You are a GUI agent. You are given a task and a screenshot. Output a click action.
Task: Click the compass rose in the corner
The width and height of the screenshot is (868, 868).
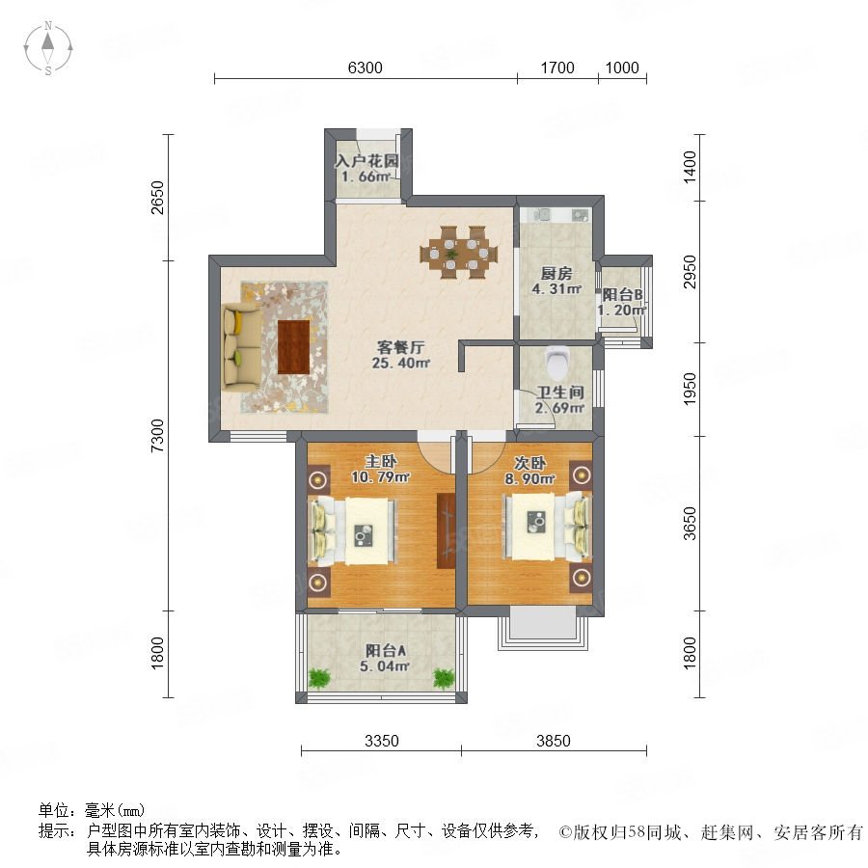pos(48,48)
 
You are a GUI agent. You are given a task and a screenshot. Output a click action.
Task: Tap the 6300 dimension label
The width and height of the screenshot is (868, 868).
pos(365,68)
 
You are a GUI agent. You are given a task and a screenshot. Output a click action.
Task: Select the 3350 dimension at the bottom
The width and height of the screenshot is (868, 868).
pos(381,741)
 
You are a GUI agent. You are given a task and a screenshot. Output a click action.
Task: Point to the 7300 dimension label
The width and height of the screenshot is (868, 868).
pos(158,436)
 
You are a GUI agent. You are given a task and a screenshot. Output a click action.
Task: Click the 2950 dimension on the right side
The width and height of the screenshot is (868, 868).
pos(690,271)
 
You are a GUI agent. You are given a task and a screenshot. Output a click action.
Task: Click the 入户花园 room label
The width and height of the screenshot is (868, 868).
pos(367,161)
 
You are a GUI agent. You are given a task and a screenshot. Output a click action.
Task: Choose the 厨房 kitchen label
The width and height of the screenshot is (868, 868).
pos(556,273)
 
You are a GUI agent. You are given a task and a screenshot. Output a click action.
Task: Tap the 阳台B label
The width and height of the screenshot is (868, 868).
pos(622,294)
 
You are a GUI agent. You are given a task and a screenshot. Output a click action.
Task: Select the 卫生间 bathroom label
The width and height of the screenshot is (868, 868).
pos(560,393)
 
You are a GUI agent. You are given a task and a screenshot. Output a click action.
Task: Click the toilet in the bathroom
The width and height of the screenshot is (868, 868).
pos(556,361)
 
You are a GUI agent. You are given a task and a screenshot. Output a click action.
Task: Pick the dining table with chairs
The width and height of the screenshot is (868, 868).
pos(458,252)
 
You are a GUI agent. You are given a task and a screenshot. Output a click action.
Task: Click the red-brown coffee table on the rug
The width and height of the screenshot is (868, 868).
pos(293,347)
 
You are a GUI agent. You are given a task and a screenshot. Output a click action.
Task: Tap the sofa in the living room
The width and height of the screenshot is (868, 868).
pos(242,347)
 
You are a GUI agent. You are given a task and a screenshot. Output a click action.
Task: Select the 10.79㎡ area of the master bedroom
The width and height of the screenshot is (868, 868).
pos(381,476)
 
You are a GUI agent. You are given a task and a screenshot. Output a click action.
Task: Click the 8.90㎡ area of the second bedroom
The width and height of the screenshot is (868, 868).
pos(529,478)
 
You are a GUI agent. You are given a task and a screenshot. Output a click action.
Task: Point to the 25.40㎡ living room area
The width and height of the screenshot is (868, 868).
pos(401,364)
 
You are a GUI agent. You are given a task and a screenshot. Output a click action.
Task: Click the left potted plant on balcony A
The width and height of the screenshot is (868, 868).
pos(318,678)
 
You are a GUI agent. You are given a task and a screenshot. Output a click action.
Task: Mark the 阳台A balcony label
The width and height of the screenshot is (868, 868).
pos(385,650)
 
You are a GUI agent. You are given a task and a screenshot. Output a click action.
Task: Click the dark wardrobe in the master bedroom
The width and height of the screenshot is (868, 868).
pos(446,530)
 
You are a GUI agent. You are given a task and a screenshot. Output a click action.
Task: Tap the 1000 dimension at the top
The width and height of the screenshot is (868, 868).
pos(622,68)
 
